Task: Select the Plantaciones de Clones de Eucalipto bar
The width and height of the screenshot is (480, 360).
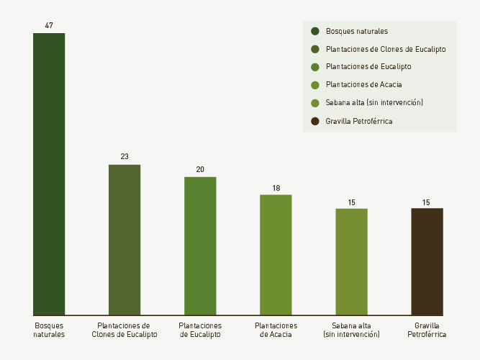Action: click(124, 240)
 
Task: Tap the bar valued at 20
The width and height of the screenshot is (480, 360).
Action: click(200, 246)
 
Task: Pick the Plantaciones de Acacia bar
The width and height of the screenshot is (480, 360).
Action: click(276, 255)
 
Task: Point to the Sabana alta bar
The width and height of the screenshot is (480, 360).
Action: click(351, 262)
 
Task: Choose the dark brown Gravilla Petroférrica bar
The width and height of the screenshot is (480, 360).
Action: click(427, 262)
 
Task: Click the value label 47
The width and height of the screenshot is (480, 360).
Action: click(49, 25)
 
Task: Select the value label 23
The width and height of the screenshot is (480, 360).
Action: click(124, 157)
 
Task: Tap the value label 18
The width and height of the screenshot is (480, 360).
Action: click(276, 188)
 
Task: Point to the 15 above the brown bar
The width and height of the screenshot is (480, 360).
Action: click(427, 202)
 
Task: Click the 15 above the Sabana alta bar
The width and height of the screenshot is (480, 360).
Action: click(351, 202)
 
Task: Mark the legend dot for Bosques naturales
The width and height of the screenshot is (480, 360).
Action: click(315, 31)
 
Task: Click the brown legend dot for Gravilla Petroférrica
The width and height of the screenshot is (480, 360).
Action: click(315, 121)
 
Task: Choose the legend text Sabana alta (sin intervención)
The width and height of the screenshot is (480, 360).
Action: click(374, 103)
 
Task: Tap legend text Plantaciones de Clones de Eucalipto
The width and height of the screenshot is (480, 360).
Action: click(386, 49)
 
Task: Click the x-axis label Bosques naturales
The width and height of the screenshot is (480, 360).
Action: click(49, 330)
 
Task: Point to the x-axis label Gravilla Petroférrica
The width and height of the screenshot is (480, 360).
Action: click(427, 330)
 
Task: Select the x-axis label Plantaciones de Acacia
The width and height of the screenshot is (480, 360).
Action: click(276, 330)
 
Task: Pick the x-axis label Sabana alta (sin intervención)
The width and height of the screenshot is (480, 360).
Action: click(351, 330)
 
